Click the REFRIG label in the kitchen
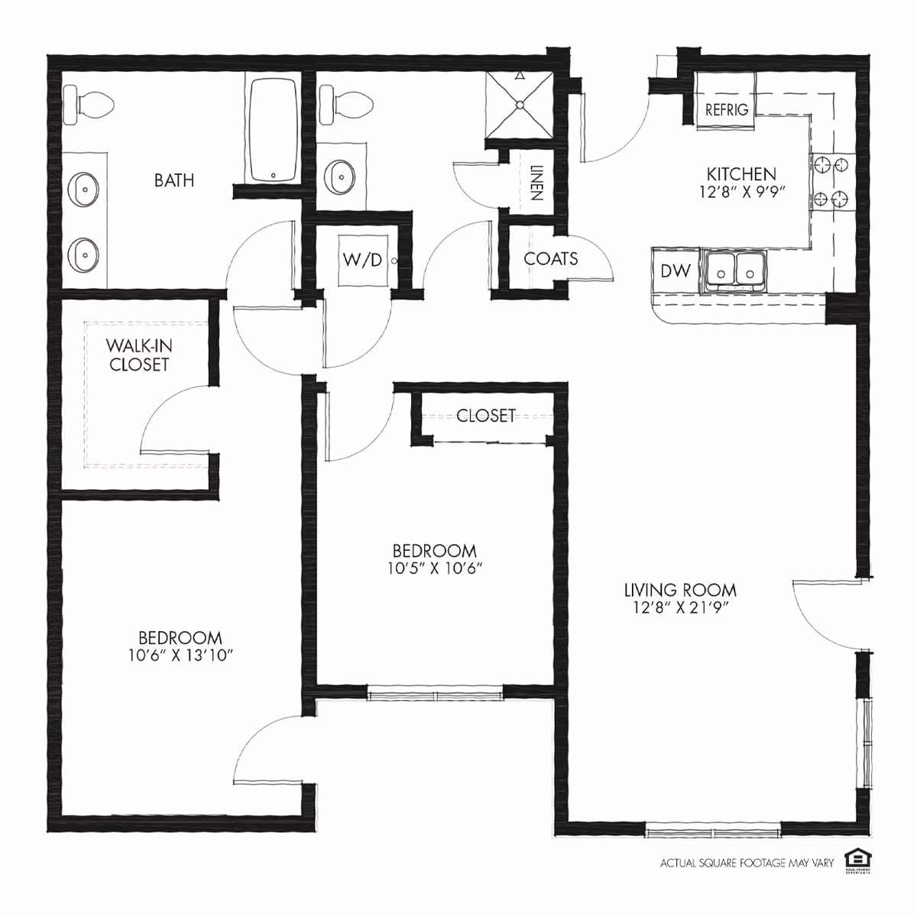[726, 110]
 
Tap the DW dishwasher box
[676, 271]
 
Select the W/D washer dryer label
[362, 260]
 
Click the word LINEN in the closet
[535, 184]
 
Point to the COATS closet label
[550, 259]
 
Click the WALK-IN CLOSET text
[138, 355]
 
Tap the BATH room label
[174, 180]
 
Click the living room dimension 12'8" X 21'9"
[680, 608]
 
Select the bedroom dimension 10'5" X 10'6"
[434, 569]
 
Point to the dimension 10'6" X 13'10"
[180, 655]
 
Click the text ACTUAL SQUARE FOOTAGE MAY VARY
[747, 864]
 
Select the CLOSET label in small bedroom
[485, 415]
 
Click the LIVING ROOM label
[680, 590]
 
